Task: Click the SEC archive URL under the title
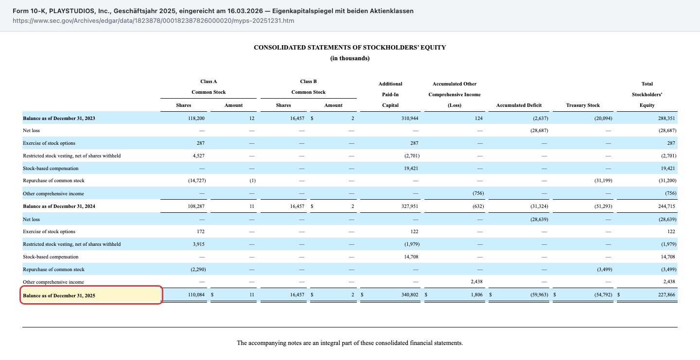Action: click(x=153, y=20)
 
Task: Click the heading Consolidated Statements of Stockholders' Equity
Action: click(x=350, y=48)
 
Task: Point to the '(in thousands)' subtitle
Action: click(x=350, y=58)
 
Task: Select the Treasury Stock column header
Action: click(x=583, y=105)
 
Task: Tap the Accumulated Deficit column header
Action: click(x=519, y=105)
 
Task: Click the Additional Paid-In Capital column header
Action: click(x=390, y=95)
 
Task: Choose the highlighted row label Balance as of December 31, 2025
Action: click(x=59, y=295)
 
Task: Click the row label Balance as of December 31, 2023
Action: click(x=59, y=119)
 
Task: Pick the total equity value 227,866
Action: click(x=666, y=294)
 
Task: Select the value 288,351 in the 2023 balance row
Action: click(x=666, y=119)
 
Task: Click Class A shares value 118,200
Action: click(x=196, y=119)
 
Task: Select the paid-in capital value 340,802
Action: click(x=410, y=294)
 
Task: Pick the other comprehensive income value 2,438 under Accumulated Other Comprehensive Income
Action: click(x=476, y=282)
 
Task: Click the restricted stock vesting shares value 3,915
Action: click(x=198, y=244)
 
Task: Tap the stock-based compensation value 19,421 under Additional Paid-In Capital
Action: click(x=411, y=168)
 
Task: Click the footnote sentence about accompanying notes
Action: click(x=350, y=343)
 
